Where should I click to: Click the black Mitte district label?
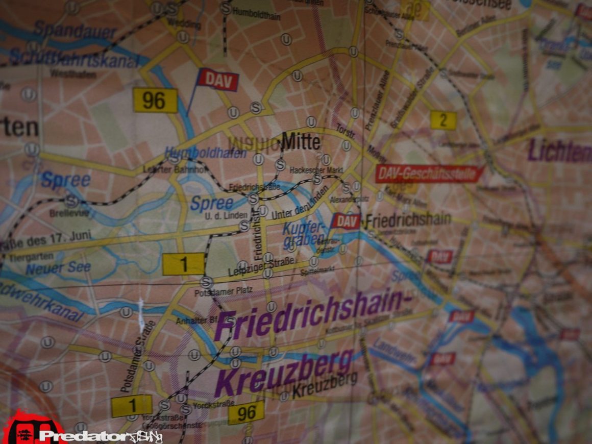click(301, 141)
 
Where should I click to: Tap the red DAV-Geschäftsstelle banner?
click(428, 174)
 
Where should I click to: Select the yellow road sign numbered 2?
click(442, 120)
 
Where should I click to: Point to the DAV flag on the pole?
click(218, 80)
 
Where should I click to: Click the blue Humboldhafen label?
click(205, 152)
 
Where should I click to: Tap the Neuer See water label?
click(58, 267)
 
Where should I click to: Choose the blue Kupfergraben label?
click(304, 232)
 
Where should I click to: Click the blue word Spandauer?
click(76, 32)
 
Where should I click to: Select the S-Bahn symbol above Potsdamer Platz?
click(206, 281)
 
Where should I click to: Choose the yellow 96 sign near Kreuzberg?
click(246, 412)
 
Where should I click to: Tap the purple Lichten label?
click(559, 152)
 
